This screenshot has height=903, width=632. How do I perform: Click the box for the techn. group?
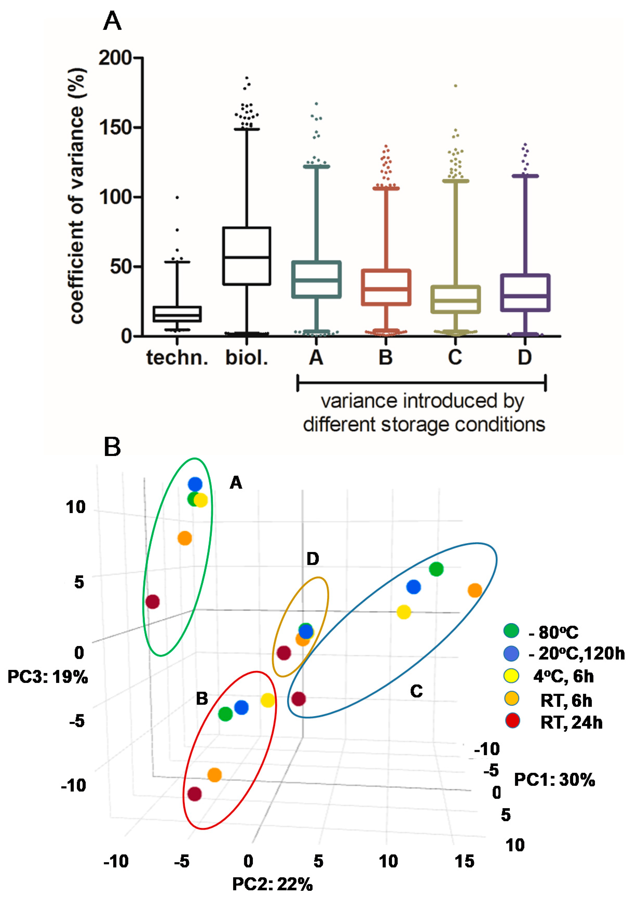click(x=177, y=314)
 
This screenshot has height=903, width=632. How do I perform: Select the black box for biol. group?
click(x=247, y=256)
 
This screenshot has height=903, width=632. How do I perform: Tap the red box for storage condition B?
click(x=386, y=287)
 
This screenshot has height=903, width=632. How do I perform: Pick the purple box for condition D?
click(x=525, y=293)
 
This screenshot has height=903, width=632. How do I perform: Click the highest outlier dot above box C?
click(x=456, y=86)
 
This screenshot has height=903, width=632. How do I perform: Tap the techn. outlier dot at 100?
click(x=177, y=197)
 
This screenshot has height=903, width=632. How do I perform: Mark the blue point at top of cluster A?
click(x=195, y=484)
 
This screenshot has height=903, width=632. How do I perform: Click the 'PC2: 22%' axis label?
click(x=272, y=884)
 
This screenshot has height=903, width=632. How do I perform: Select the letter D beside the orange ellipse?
click(x=313, y=558)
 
